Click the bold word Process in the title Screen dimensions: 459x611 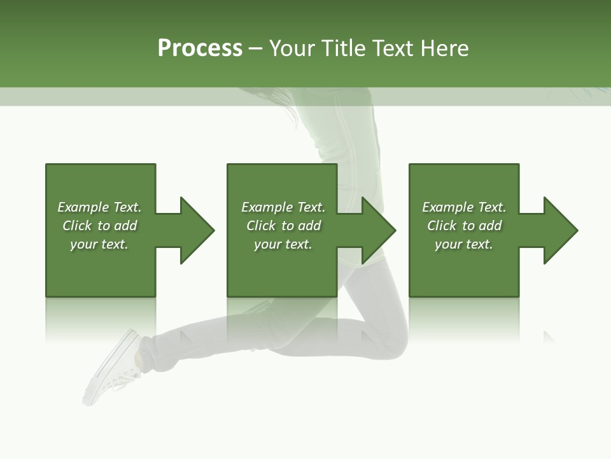tap(200, 48)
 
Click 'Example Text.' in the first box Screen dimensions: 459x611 tap(99, 207)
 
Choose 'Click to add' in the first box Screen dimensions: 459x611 tap(99, 226)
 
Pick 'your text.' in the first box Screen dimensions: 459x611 tap(99, 244)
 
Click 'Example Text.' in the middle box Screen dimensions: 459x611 tap(283, 207)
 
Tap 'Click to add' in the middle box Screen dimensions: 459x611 tap(283, 226)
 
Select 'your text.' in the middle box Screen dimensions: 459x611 tap(283, 244)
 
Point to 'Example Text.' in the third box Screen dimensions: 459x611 tap(464, 207)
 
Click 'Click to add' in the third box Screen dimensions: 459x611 tap(464, 226)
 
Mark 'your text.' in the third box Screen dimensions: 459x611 tap(464, 244)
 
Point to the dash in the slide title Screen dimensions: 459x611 tap(255, 48)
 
